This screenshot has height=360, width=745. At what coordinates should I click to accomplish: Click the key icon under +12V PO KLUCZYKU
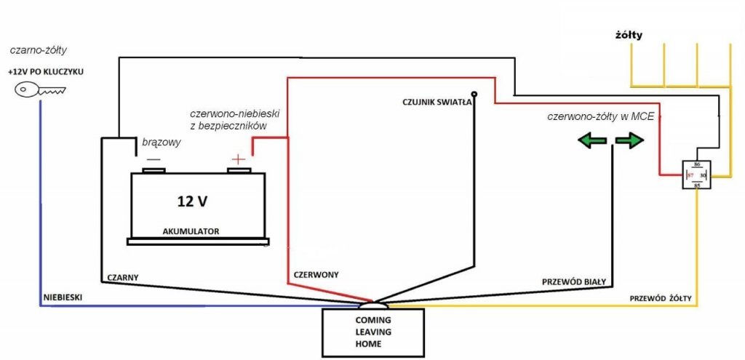pyautogui.click(x=40, y=89)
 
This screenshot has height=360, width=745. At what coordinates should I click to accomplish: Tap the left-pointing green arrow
pyautogui.click(x=592, y=140)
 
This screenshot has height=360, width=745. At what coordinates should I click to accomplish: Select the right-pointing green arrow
pyautogui.click(x=629, y=140)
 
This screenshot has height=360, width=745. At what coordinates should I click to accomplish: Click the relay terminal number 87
pyautogui.click(x=690, y=176)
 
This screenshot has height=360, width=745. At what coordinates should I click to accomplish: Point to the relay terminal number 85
pyautogui.click(x=698, y=185)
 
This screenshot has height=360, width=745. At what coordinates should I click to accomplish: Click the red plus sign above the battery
pyautogui.click(x=238, y=159)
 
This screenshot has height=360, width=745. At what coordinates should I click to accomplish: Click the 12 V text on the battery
pyautogui.click(x=192, y=201)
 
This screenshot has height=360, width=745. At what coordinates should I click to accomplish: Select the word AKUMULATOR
pyautogui.click(x=191, y=232)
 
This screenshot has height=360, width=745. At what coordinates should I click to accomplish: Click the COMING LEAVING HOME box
pyautogui.click(x=373, y=332)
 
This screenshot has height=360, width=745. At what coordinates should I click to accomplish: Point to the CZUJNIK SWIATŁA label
pyautogui.click(x=437, y=102)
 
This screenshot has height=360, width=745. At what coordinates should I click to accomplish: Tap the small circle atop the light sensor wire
pyautogui.click(x=474, y=94)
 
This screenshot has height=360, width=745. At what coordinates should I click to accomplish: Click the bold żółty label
pyautogui.click(x=629, y=35)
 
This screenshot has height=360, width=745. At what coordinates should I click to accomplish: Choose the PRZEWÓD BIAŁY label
pyautogui.click(x=573, y=281)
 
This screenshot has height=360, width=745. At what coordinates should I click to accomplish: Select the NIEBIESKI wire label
pyautogui.click(x=63, y=297)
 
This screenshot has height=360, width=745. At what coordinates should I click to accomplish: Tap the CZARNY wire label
pyautogui.click(x=122, y=277)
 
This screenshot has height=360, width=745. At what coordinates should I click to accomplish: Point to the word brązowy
pyautogui.click(x=162, y=142)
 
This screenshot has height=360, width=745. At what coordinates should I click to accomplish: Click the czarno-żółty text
pyautogui.click(x=38, y=50)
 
